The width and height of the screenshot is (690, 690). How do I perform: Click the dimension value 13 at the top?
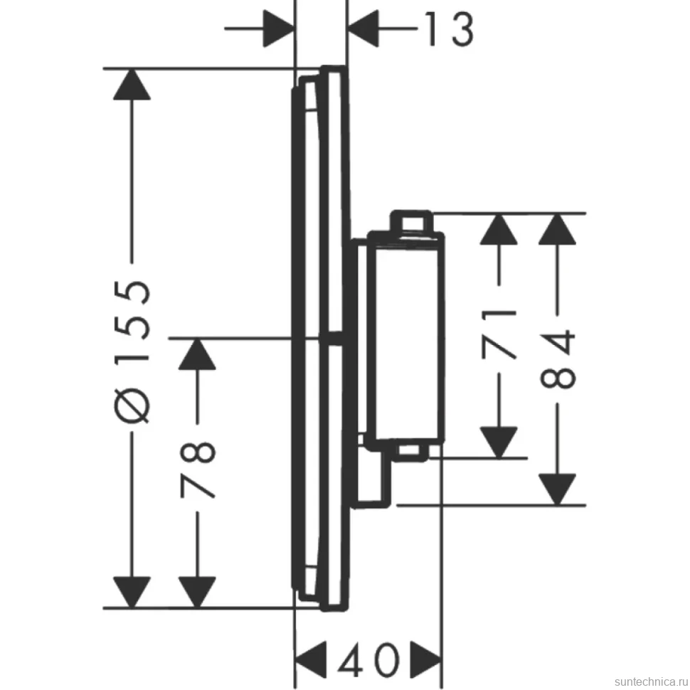[x=450, y=29]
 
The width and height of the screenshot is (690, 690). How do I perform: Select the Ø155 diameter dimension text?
[x=132, y=351]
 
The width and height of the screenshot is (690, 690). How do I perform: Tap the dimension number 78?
[x=198, y=469]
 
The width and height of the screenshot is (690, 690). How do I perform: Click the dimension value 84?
[x=558, y=360]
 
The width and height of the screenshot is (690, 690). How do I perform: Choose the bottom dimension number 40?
[x=368, y=659]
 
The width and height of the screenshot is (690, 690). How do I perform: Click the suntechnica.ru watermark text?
[x=652, y=681]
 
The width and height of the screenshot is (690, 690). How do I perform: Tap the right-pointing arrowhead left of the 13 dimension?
[x=278, y=28]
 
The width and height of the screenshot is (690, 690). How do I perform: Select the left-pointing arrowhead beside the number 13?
[x=363, y=28]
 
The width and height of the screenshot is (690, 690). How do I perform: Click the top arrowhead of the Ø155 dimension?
[x=132, y=85]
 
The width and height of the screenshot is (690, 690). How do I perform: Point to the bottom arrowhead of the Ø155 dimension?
[x=132, y=593]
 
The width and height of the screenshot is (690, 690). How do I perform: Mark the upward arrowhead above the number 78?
[x=197, y=354]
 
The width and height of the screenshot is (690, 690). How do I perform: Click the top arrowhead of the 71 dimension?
[x=499, y=229]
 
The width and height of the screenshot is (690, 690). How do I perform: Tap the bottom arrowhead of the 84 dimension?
[x=558, y=489]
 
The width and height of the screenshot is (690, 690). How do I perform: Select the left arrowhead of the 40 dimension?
[x=311, y=660]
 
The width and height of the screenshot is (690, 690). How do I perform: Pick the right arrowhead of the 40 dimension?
[x=426, y=660]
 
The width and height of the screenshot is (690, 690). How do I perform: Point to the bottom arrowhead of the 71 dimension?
[x=499, y=442]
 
